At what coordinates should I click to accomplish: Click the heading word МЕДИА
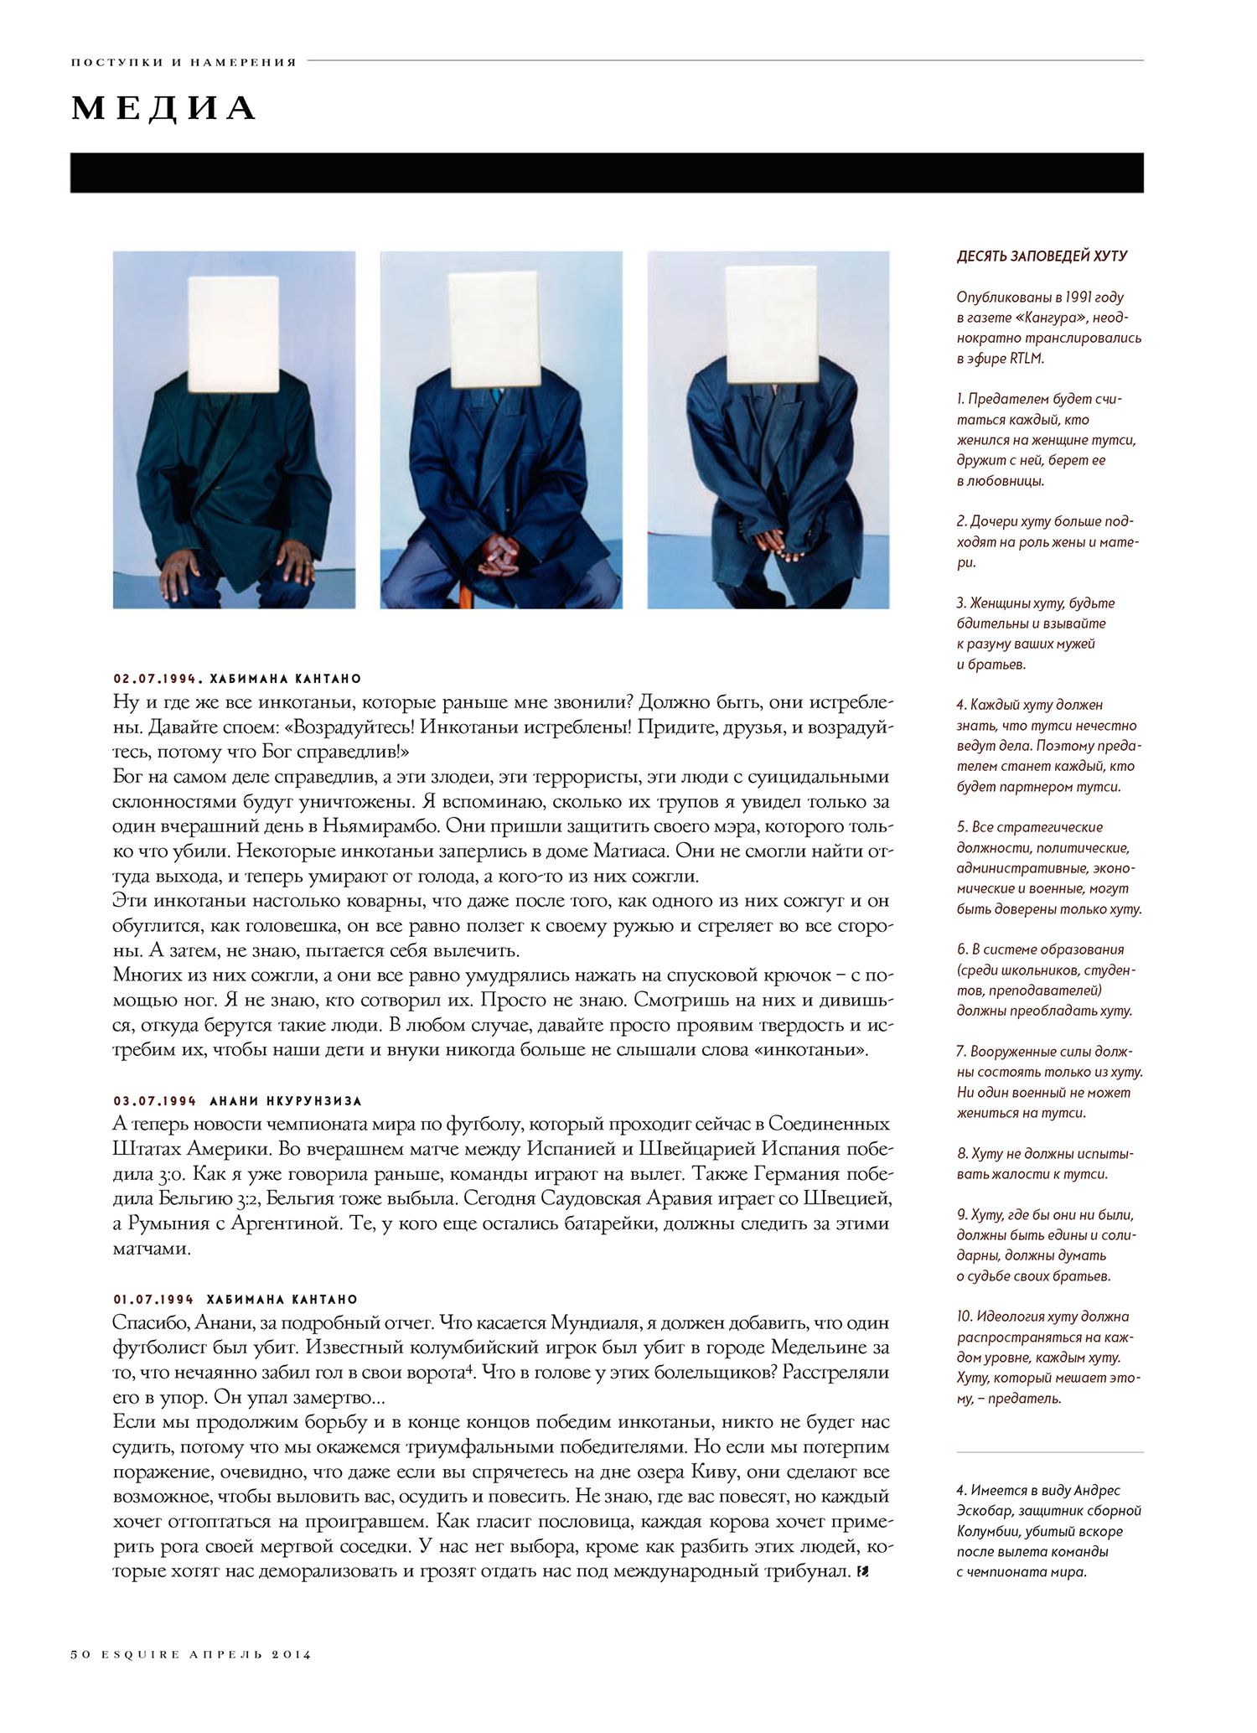click(x=163, y=109)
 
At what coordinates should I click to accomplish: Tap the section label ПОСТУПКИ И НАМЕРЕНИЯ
click(x=184, y=62)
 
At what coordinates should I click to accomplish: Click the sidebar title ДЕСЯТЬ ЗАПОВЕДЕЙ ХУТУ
click(x=1042, y=256)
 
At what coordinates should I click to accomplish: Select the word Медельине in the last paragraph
click(x=794, y=1348)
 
